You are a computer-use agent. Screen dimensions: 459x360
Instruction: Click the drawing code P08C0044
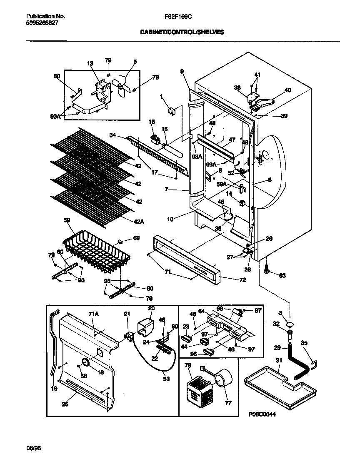[262, 414]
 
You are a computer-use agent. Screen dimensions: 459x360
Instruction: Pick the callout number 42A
[140, 222]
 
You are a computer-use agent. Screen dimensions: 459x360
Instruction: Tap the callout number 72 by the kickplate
[242, 280]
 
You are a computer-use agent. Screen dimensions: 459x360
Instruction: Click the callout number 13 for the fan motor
[90, 63]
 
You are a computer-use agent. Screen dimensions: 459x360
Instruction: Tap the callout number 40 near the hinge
[287, 90]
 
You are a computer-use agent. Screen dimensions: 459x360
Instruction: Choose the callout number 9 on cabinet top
[182, 72]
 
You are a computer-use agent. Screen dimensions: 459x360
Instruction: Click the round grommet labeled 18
[86, 363]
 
